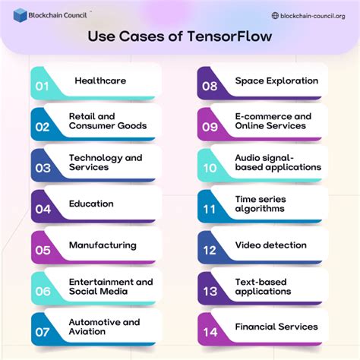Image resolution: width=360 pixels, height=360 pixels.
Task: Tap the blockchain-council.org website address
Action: [312, 15]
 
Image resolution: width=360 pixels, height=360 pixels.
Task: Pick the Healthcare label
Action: [100, 81]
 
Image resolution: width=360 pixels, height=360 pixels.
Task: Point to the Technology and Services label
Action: [105, 163]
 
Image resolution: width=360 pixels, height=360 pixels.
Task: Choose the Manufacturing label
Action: [103, 245]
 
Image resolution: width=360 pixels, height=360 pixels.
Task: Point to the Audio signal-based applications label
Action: [278, 163]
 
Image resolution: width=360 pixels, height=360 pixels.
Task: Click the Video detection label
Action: [270, 245]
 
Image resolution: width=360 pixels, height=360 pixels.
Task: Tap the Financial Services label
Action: [276, 327]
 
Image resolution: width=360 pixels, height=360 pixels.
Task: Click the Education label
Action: [91, 204]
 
